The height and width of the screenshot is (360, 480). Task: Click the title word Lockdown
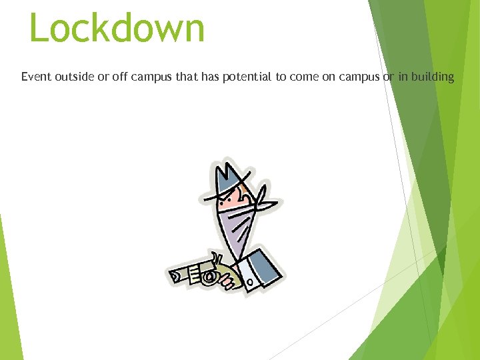pyautogui.click(x=117, y=28)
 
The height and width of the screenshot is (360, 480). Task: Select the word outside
pyautogui.click(x=75, y=77)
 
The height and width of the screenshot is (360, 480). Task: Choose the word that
pyautogui.click(x=187, y=77)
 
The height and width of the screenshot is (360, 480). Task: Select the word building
pyautogui.click(x=432, y=77)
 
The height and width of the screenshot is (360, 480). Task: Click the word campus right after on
pyautogui.click(x=359, y=77)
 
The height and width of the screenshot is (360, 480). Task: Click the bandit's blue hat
pyautogui.click(x=230, y=177)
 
